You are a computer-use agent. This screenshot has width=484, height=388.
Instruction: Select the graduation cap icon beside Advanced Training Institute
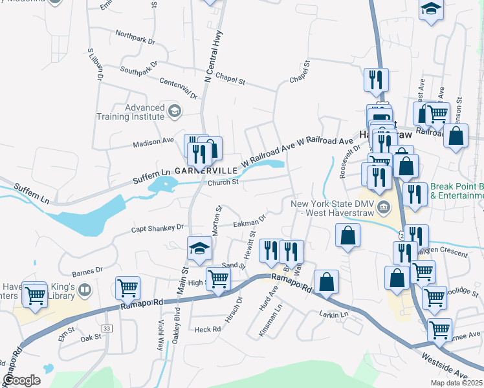tap(173, 112)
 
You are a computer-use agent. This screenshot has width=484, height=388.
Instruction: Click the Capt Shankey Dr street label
tap(158, 227)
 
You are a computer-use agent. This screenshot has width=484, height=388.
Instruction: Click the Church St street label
tap(223, 182)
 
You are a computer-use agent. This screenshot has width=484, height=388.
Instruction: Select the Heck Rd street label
tap(208, 329)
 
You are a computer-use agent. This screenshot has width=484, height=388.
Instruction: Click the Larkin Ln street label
tap(334, 314)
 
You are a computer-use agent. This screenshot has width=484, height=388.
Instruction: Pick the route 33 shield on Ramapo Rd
tap(107, 329)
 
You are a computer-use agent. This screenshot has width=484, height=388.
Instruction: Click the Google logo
tap(21, 380)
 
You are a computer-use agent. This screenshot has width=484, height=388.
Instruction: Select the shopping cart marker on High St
tap(218, 279)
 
